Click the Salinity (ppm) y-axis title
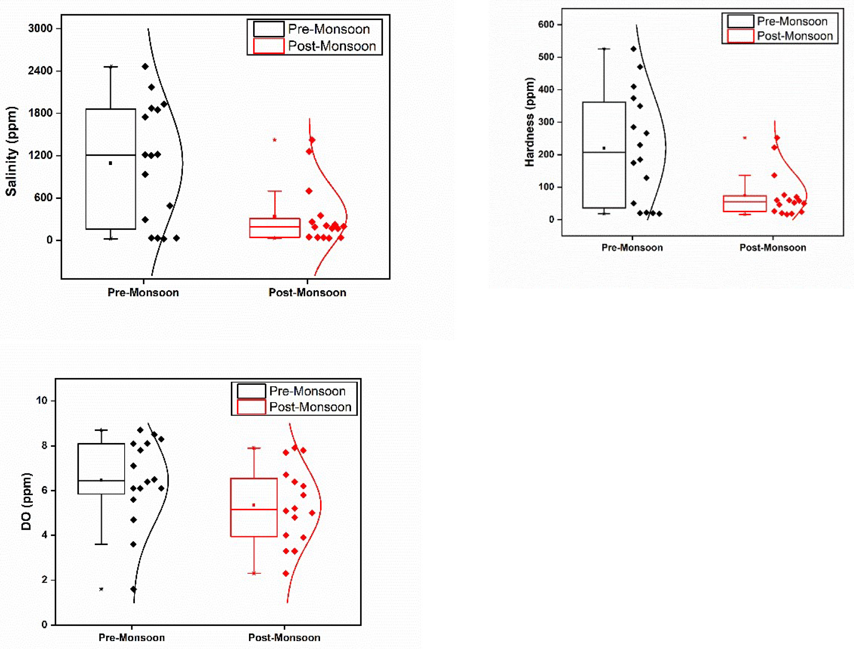tap(12, 151)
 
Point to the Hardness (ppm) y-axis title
tap(530, 122)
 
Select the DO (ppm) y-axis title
tap(26, 501)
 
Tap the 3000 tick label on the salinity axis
tap(40, 28)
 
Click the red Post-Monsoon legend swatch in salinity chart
tap(268, 46)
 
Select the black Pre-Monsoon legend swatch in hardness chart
tap(740, 21)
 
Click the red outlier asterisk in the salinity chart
tap(275, 140)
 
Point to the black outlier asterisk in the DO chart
tap(101, 589)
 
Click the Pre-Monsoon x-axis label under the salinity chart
tap(143, 292)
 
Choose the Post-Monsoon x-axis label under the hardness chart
tap(773, 248)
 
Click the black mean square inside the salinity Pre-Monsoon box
tap(110, 163)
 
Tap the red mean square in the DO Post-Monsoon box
tap(254, 505)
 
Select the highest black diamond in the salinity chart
tap(145, 66)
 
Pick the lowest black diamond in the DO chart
tap(133, 589)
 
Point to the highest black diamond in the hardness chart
tap(634, 49)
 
